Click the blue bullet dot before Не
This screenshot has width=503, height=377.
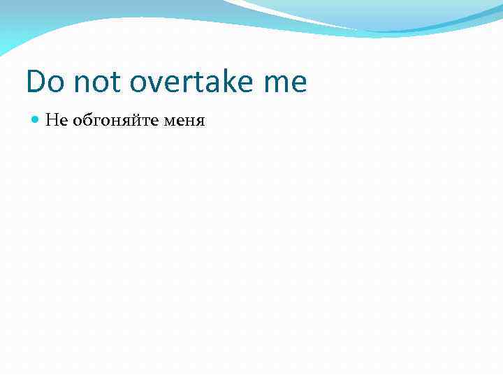36,121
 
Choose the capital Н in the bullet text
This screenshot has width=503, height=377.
50,121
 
